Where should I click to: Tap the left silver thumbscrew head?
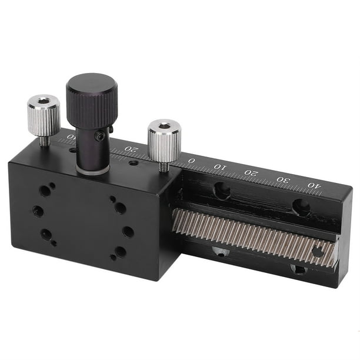44,115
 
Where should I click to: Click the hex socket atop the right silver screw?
164,126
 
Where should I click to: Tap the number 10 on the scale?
219,167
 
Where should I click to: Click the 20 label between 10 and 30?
251,174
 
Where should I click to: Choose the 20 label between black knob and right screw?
133,149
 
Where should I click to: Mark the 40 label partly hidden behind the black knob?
72,138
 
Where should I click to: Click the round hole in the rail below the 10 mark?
222,190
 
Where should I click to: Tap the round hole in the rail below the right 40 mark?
301,206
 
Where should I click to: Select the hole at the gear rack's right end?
318,252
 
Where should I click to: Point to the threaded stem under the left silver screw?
45,141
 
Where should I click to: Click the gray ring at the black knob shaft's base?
92,169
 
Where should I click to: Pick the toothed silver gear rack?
253,233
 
